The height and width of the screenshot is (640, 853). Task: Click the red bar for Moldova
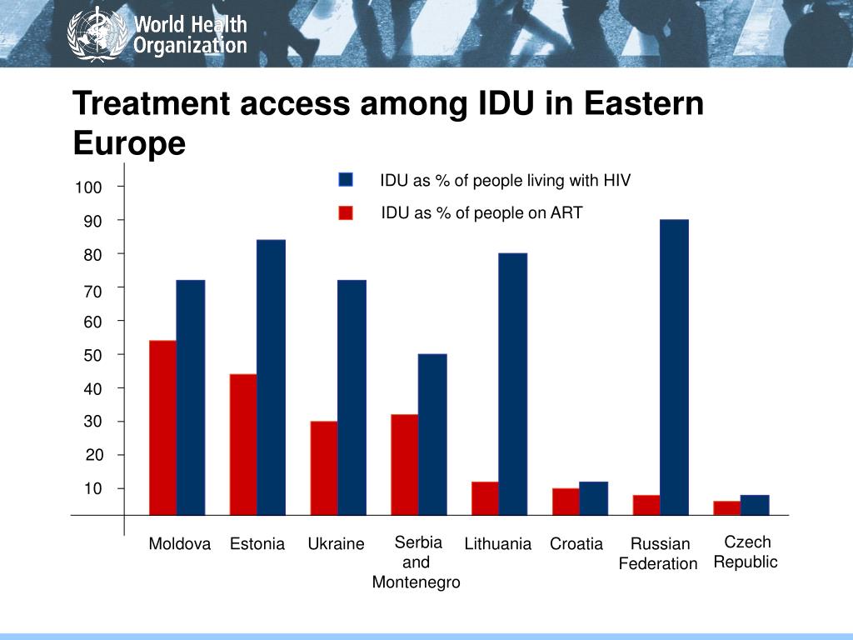pyautogui.click(x=162, y=427)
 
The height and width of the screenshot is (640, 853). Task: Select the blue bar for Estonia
pyautogui.click(x=271, y=377)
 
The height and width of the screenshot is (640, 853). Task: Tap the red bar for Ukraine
pyautogui.click(x=324, y=467)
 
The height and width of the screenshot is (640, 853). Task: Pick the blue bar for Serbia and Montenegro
pyautogui.click(x=432, y=434)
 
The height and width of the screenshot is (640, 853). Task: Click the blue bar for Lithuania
pyautogui.click(x=513, y=384)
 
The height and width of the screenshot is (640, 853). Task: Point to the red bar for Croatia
pyautogui.click(x=566, y=502)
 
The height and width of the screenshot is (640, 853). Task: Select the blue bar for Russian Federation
pyautogui.click(x=674, y=367)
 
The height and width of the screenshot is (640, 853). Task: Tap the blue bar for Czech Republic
pyautogui.click(x=755, y=505)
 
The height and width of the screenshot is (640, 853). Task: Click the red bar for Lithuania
pyautogui.click(x=485, y=498)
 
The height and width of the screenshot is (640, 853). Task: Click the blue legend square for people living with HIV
pyautogui.click(x=347, y=180)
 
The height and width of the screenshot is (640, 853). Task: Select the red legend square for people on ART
pyautogui.click(x=347, y=213)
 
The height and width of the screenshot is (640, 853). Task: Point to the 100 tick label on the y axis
pyautogui.click(x=88, y=188)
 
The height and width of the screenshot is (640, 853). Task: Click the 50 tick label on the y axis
pyautogui.click(x=92, y=356)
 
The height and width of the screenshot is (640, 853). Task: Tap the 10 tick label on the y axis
pyautogui.click(x=92, y=489)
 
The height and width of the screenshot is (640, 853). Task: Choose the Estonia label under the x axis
pyautogui.click(x=257, y=544)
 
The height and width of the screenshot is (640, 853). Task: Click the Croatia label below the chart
pyautogui.click(x=576, y=544)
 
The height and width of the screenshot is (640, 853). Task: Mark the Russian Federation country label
pyautogui.click(x=659, y=554)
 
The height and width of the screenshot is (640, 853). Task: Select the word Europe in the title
pyautogui.click(x=129, y=143)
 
